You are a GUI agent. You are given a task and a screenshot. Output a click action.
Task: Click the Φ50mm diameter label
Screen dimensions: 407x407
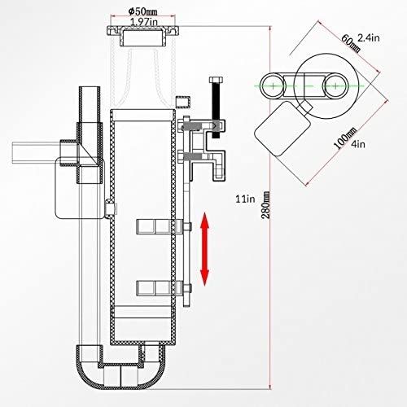[143, 11]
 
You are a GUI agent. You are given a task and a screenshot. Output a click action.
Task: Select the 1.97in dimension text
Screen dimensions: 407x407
[144, 21]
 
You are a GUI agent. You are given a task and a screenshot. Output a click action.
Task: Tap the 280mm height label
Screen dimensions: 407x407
[266, 205]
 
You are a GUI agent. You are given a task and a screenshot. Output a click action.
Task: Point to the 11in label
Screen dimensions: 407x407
[245, 199]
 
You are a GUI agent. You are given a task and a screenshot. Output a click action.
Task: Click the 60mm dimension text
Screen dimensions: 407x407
[351, 43]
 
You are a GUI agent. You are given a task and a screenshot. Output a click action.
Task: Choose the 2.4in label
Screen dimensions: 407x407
[369, 37]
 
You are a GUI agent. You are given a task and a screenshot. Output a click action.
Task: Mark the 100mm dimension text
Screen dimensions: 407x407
[344, 138]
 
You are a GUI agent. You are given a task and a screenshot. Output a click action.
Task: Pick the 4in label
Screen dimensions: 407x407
[358, 144]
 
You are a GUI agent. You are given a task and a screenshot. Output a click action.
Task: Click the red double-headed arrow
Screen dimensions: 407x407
[205, 249]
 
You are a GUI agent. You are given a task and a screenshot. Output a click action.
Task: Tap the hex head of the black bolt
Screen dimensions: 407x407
[217, 80]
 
